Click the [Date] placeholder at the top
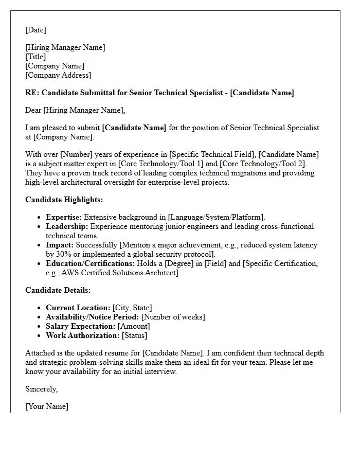click(x=35, y=30)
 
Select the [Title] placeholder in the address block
click(x=35, y=57)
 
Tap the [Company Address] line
click(x=58, y=75)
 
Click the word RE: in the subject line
click(x=32, y=93)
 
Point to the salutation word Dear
click(x=33, y=110)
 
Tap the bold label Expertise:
click(x=64, y=217)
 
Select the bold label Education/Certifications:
click(x=90, y=263)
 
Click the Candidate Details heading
click(x=58, y=290)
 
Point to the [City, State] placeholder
click(x=132, y=308)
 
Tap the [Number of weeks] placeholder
click(x=173, y=317)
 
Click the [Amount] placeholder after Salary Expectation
click(x=134, y=326)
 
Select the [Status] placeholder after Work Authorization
click(x=134, y=335)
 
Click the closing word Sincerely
click(x=41, y=389)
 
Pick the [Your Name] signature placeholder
click(x=47, y=406)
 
